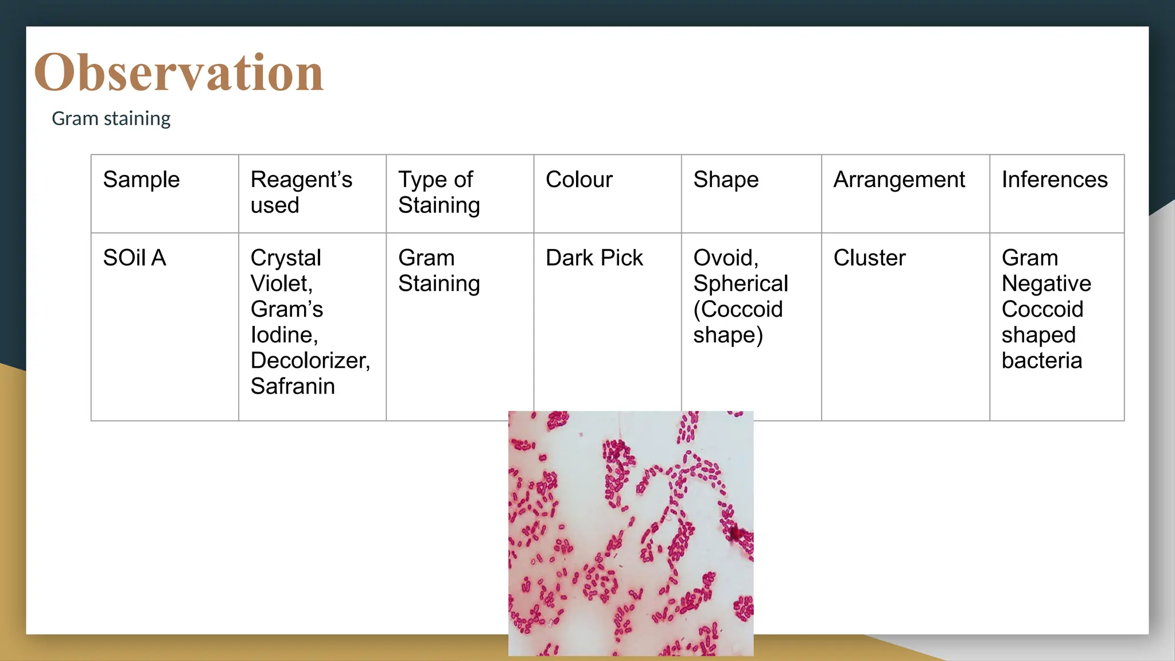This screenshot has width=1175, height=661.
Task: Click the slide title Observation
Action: [178, 72]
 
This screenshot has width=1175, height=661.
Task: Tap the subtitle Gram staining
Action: [111, 118]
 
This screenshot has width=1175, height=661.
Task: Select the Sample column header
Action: [141, 180]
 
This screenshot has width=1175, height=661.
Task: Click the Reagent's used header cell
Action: [301, 192]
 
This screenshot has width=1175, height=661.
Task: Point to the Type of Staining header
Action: [439, 192]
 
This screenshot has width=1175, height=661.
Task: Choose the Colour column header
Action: [579, 180]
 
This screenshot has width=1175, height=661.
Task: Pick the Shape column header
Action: [726, 180]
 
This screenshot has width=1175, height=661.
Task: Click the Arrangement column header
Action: [899, 180]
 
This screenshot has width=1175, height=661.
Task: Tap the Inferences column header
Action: [1055, 180]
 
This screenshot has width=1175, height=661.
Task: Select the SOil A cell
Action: [134, 258]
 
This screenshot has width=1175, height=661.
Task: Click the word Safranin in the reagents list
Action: [293, 386]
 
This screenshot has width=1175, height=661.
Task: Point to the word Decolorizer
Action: [310, 360]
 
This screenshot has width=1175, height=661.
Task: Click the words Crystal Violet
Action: [285, 270]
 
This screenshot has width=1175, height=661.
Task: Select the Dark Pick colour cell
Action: [594, 258]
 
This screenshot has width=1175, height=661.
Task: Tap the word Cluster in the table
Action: [869, 258]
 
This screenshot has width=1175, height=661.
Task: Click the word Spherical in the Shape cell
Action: [741, 283]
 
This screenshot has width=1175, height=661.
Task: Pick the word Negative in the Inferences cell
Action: [1046, 283]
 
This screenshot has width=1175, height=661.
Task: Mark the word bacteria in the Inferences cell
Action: [1042, 360]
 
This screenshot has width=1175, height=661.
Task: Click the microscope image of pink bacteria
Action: [631, 533]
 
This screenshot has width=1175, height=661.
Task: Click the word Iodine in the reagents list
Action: [283, 335]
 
